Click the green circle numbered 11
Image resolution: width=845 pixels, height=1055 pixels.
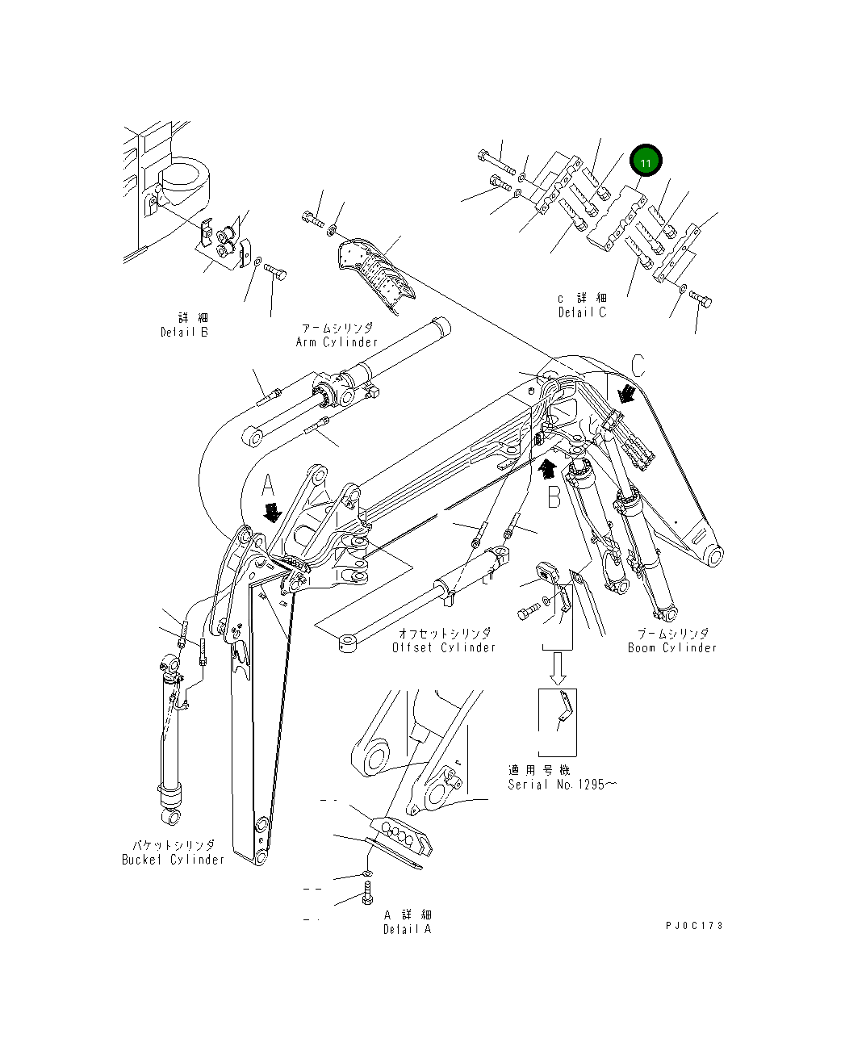[645, 162]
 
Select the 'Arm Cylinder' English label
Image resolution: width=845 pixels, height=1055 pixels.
[336, 341]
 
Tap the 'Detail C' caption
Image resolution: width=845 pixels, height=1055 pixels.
[582, 312]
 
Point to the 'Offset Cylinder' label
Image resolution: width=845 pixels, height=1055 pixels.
[444, 647]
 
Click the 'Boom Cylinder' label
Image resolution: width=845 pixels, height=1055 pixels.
[671, 647]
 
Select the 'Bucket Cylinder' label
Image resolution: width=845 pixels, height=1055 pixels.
[173, 860]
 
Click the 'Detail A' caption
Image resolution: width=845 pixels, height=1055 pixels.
[407, 929]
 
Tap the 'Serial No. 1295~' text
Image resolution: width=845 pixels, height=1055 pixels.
[562, 785]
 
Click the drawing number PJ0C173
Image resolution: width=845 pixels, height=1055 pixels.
[694, 925]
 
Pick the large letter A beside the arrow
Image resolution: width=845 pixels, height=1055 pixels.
[269, 485]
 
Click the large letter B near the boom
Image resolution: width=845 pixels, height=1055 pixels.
[554, 497]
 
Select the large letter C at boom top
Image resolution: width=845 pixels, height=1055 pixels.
[637, 366]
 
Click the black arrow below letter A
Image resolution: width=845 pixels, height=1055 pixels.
[272, 512]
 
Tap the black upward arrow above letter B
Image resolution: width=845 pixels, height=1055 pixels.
[547, 466]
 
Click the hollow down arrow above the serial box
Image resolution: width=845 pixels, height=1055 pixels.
[558, 665]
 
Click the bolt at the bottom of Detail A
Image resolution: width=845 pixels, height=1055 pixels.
[367, 894]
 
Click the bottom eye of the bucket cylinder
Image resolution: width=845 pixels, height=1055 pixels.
[170, 818]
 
